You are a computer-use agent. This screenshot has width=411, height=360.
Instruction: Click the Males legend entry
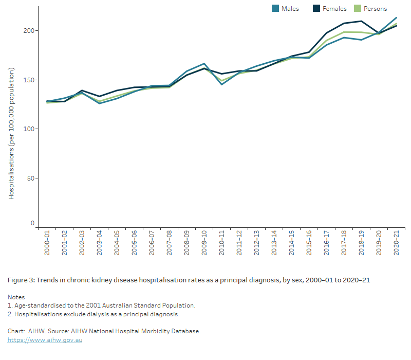click(x=285, y=8)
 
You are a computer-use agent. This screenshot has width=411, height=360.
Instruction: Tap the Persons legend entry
click(x=370, y=8)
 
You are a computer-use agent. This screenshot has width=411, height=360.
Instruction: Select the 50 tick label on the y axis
click(x=30, y=178)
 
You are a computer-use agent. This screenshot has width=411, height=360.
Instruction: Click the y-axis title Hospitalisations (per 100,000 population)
click(x=11, y=133)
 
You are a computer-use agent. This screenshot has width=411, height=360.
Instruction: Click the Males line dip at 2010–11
click(x=221, y=84)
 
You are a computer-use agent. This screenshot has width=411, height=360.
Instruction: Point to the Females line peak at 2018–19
click(x=361, y=21)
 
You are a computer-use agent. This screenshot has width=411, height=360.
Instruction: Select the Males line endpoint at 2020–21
click(x=396, y=17)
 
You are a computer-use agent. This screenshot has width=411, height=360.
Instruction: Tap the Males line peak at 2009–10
click(x=204, y=63)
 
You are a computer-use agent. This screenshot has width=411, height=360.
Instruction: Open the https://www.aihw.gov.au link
click(x=45, y=340)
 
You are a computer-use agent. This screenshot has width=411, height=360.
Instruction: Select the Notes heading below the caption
click(x=16, y=297)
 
